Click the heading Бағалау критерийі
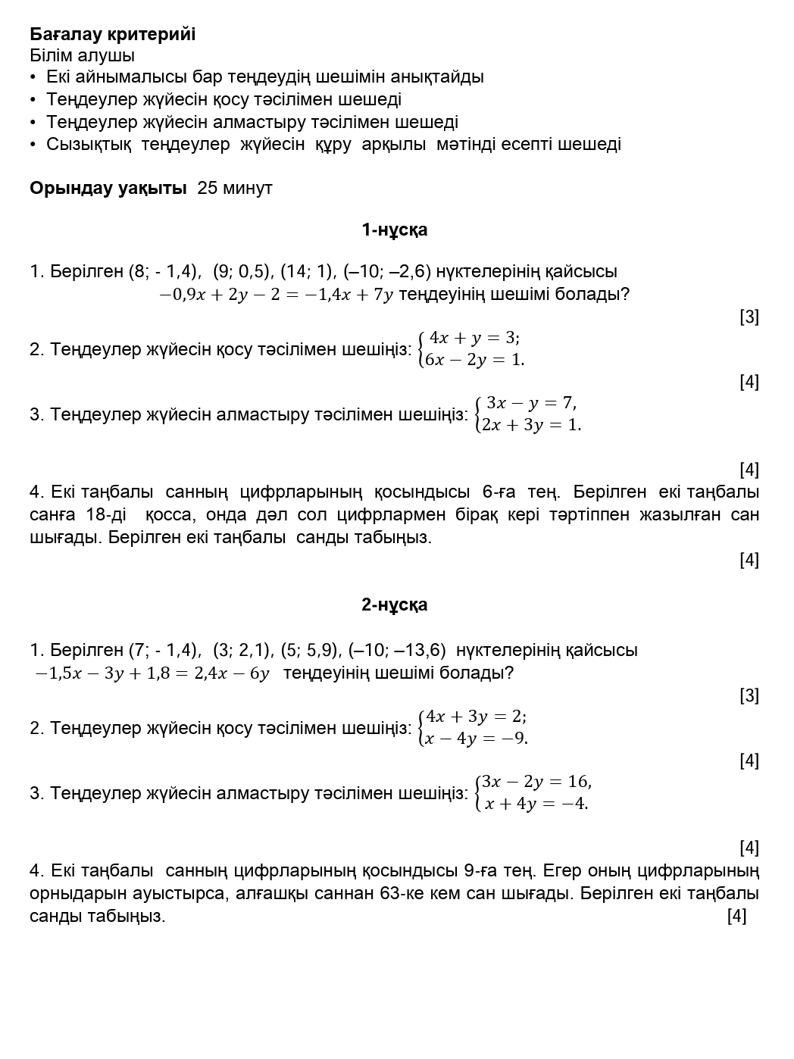[113, 34]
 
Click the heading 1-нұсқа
[394, 230]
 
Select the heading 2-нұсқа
[394, 604]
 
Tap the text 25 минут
[234, 188]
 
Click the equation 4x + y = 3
[474, 338]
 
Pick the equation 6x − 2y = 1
[475, 360]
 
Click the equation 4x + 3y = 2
[476, 717]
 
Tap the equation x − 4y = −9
[476, 739]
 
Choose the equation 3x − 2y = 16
[536, 782]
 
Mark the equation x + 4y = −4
[536, 804]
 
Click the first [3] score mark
[749, 317]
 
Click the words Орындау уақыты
[108, 188]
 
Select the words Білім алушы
[83, 55]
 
